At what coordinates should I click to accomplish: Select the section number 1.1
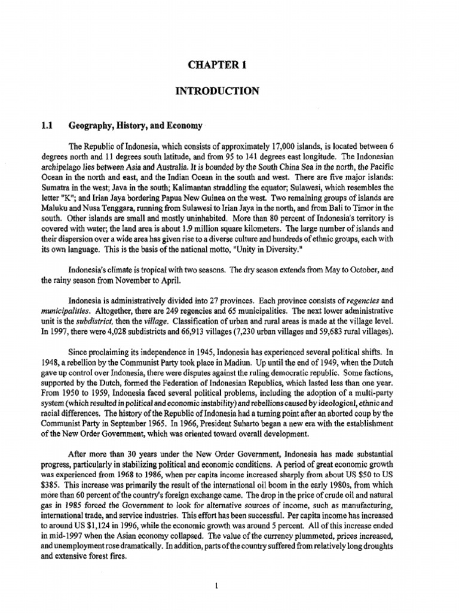[x=47, y=126]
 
